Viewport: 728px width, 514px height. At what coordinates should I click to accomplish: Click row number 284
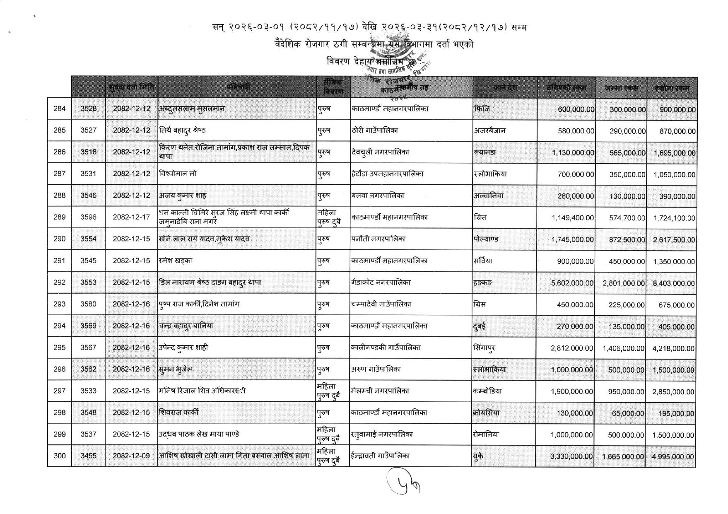click(60, 109)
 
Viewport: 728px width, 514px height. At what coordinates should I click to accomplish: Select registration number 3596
click(88, 217)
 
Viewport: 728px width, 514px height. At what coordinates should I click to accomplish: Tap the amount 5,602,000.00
click(572, 283)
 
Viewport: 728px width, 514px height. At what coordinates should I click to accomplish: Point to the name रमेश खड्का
click(176, 261)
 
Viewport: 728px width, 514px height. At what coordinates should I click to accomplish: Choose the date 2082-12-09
click(131, 456)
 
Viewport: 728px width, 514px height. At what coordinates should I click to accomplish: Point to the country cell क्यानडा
click(485, 152)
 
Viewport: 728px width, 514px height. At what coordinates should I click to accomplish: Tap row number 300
click(60, 456)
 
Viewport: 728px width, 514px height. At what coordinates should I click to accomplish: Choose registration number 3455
click(88, 456)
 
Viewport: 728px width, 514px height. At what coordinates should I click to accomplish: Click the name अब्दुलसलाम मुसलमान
click(192, 109)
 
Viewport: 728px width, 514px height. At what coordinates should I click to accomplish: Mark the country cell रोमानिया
click(486, 434)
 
